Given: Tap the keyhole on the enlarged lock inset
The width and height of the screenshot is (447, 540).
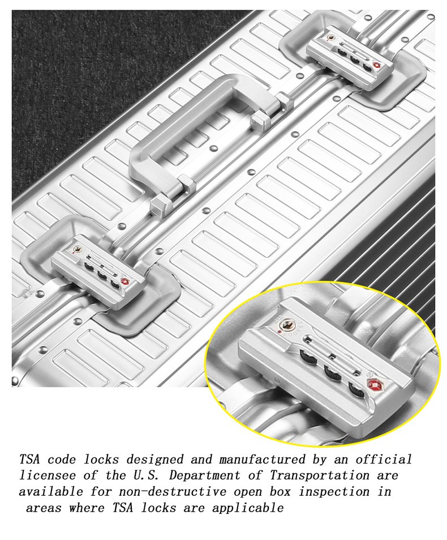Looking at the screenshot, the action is click(x=287, y=325).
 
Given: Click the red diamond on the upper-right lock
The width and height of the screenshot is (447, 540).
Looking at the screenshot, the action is click(x=377, y=65).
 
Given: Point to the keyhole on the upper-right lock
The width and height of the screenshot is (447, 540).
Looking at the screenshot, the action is click(x=331, y=37).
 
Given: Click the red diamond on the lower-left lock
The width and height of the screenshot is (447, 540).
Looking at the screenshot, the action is click(x=125, y=282).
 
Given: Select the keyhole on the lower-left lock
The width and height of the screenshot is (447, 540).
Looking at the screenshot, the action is click(x=79, y=249).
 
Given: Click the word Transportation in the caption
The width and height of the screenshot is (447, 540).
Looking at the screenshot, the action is click(x=319, y=475).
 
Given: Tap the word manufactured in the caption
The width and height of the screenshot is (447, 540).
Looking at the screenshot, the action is click(x=262, y=459).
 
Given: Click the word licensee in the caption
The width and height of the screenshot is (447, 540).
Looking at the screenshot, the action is click(x=47, y=475).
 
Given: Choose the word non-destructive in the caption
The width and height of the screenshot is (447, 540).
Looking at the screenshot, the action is click(x=173, y=492).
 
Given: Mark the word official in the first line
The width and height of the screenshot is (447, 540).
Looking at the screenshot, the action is click(x=384, y=459).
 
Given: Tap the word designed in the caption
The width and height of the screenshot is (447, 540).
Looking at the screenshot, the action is click(x=154, y=460).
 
